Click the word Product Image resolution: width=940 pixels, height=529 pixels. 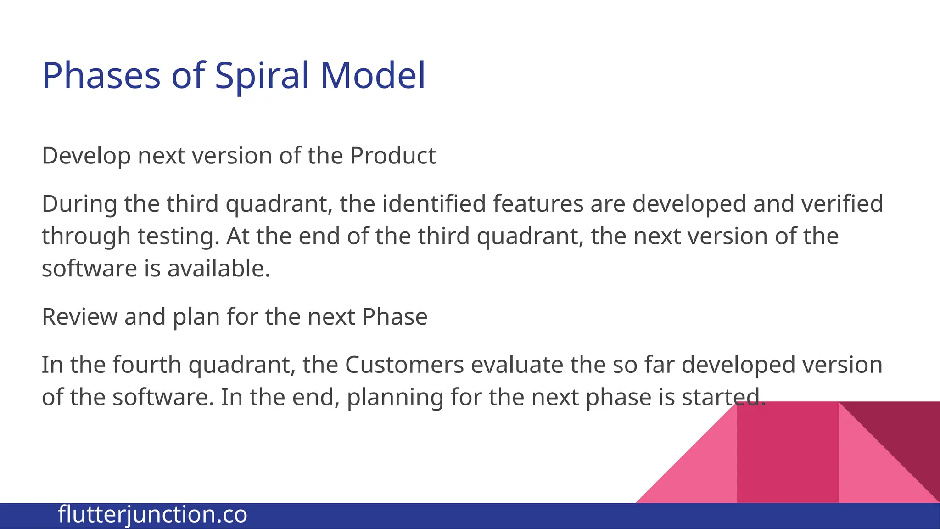(x=393, y=156)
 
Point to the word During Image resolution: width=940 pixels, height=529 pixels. (x=79, y=204)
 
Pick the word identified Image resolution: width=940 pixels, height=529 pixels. (x=434, y=203)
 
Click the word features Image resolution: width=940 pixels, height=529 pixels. (x=538, y=203)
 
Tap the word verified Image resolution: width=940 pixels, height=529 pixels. (x=841, y=203)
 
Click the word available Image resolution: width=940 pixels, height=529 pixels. (x=218, y=268)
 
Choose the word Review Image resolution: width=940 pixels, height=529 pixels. (x=79, y=316)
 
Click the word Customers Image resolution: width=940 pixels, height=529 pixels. (x=404, y=365)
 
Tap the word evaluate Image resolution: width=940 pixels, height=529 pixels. (x=517, y=365)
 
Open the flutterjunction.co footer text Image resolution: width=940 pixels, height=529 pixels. (x=152, y=514)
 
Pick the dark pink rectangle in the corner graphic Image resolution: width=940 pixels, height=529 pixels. (x=788, y=452)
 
